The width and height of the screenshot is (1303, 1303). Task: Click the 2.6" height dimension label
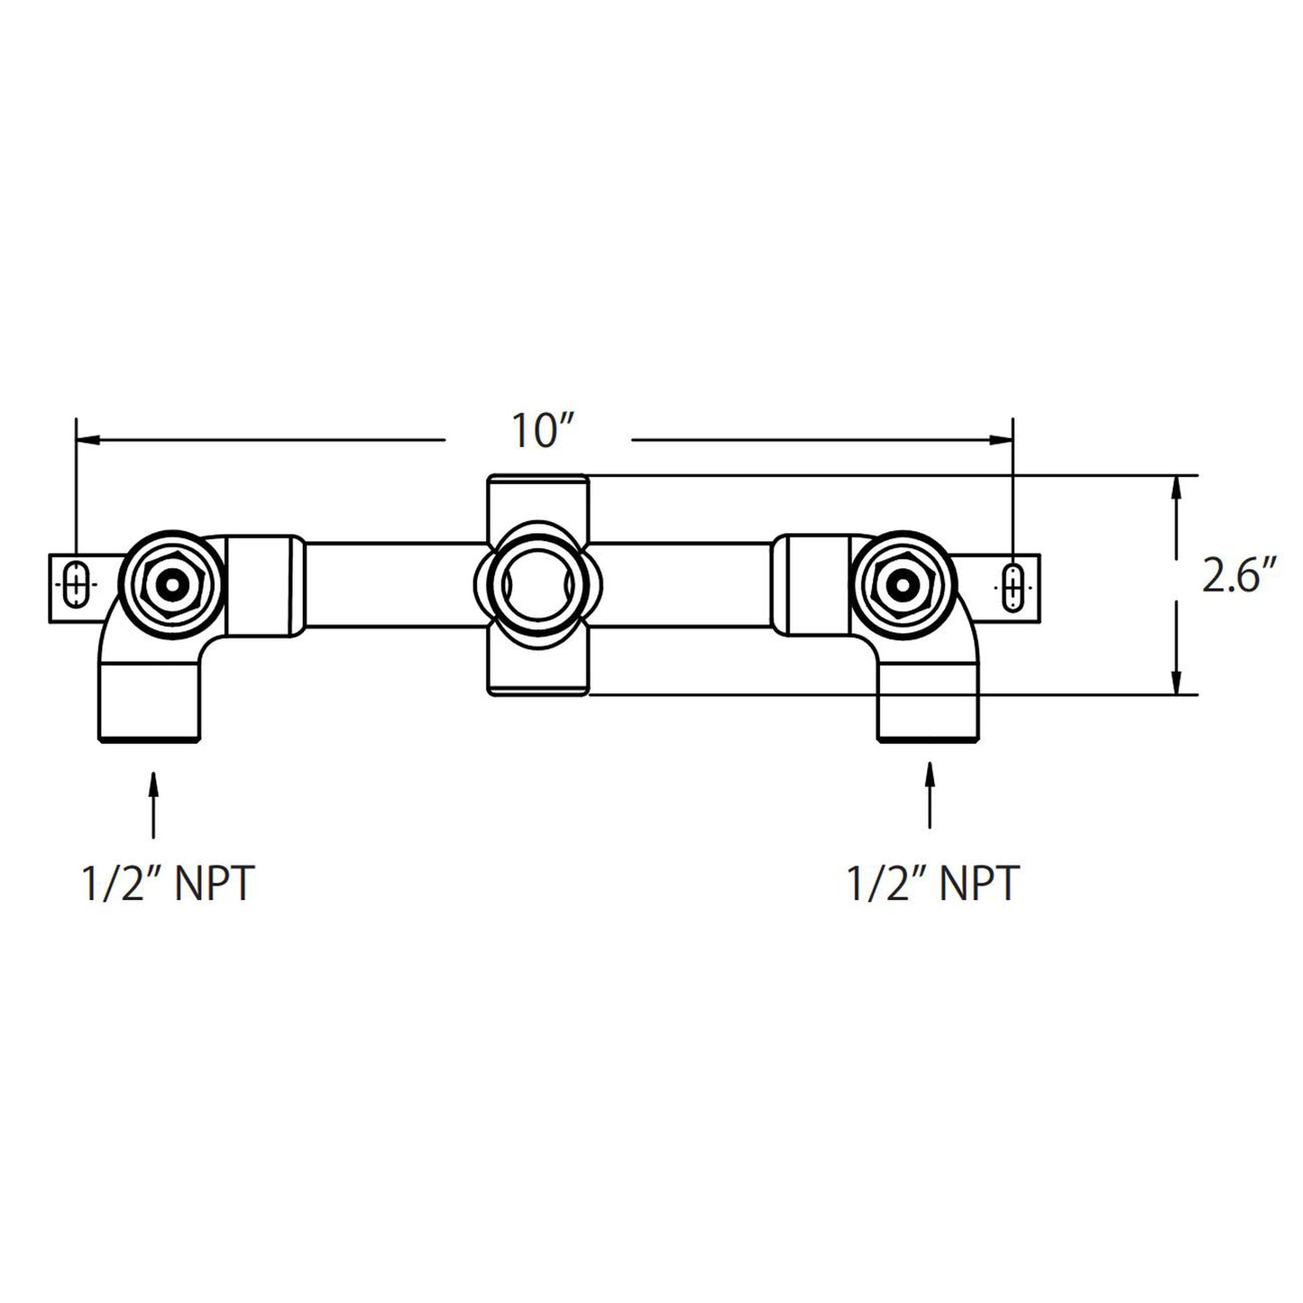[x=1240, y=577]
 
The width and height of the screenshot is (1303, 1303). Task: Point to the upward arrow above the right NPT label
[x=930, y=794]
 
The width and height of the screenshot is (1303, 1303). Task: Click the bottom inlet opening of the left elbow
[x=149, y=739]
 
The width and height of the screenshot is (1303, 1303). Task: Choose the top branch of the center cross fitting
[x=537, y=496]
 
